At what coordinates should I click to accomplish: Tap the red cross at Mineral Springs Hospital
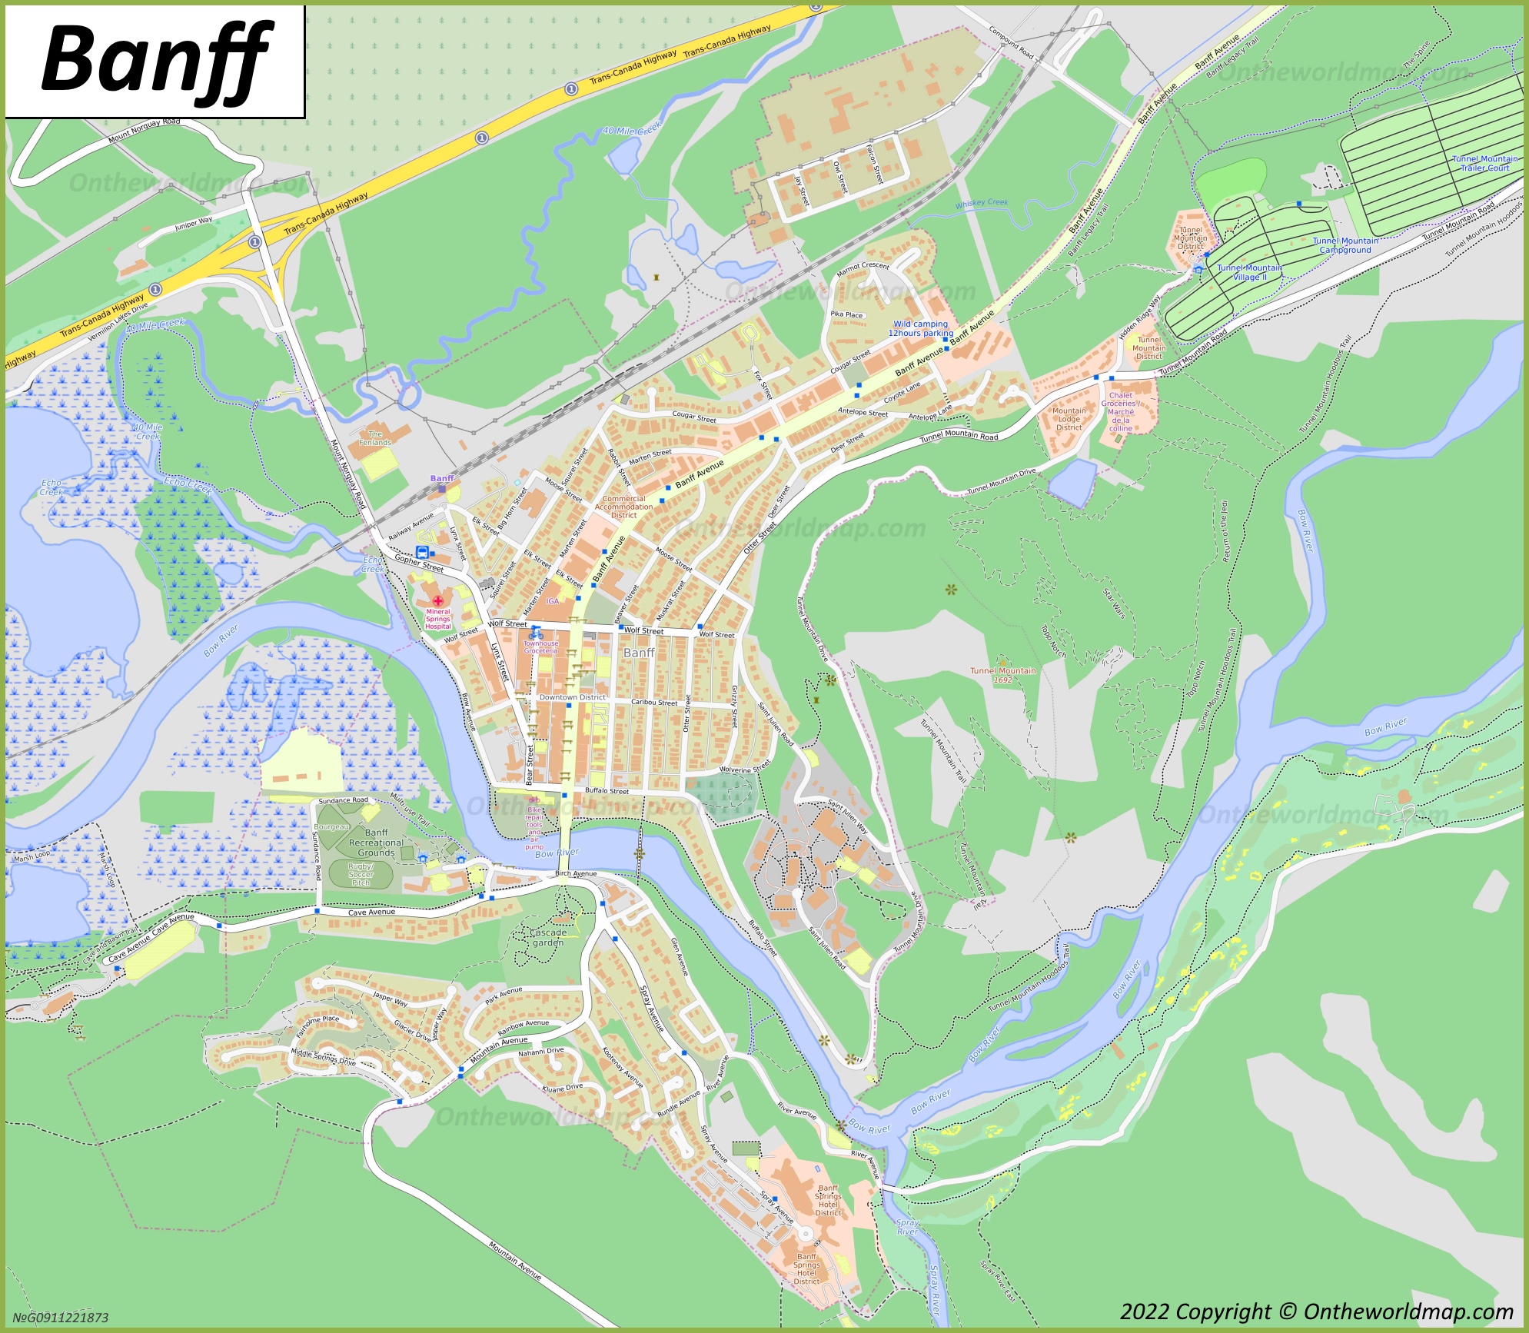point(438,601)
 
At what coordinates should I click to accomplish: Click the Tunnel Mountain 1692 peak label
point(1002,675)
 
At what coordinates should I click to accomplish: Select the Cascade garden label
point(548,937)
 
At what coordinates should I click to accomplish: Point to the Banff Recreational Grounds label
point(376,843)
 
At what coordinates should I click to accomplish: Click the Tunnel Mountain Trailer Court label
point(1484,163)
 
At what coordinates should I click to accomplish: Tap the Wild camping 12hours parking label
point(920,328)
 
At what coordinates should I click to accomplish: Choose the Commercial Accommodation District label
point(623,507)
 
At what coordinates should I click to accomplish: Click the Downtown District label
point(572,697)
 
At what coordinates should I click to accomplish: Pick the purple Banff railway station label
point(442,478)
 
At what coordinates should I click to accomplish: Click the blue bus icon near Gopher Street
point(422,552)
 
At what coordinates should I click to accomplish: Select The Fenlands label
point(375,438)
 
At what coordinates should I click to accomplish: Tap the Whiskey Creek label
point(981,204)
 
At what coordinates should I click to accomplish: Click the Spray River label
point(907,1227)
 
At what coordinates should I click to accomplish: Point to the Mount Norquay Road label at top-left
point(145,131)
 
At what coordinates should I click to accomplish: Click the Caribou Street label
point(654,702)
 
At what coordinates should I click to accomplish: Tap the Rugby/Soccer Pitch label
point(361,874)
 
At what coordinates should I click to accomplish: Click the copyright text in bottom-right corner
point(1316,1311)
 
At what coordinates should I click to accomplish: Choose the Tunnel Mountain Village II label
point(1249,272)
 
